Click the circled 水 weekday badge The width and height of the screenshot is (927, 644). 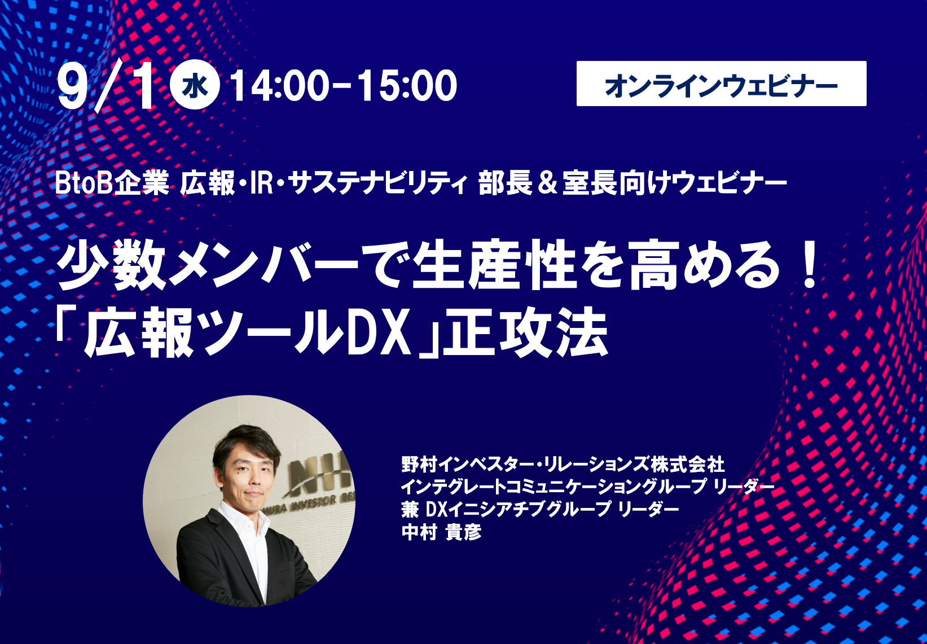(195, 85)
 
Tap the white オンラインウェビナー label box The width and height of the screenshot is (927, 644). (721, 84)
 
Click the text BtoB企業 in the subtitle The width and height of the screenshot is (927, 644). (112, 183)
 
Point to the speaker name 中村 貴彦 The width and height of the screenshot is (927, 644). (442, 533)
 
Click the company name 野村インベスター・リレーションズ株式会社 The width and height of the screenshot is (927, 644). (563, 465)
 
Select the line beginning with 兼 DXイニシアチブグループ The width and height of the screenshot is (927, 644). (540, 510)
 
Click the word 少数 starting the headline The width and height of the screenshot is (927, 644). (112, 264)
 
